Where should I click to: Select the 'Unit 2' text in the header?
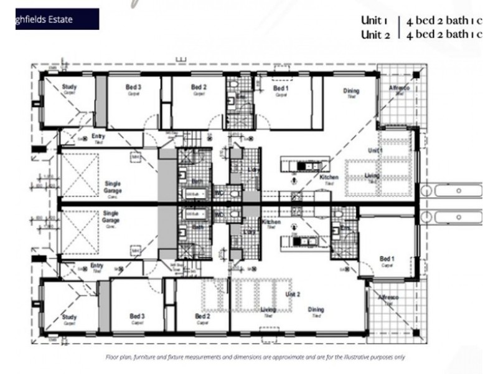click(x=375, y=35)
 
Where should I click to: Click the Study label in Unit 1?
click(x=69, y=88)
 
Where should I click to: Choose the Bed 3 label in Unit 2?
click(x=137, y=317)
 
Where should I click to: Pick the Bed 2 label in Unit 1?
click(x=199, y=88)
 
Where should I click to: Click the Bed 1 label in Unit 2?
click(x=387, y=259)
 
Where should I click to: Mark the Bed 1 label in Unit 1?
click(x=281, y=89)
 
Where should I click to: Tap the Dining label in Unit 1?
click(x=351, y=92)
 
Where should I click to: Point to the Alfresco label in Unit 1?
click(x=399, y=89)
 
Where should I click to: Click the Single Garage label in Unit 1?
click(x=113, y=187)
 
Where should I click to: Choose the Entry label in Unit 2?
click(x=97, y=266)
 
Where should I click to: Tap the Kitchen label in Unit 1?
click(x=329, y=178)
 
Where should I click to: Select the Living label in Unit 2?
click(x=268, y=310)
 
